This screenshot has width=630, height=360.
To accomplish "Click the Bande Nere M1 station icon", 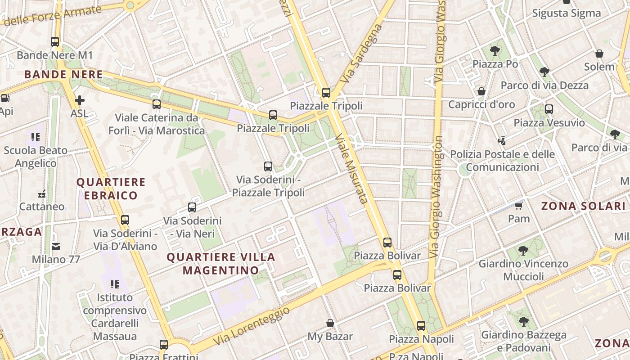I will point(55,42).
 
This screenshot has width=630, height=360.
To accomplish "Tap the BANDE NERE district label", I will point(63,74).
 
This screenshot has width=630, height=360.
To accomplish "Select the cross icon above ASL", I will point(80,100).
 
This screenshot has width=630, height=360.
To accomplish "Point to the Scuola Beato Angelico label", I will point(36,157).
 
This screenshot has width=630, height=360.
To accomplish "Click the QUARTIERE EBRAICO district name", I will point(111,189).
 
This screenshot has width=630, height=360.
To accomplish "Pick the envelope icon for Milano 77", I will point(56,246).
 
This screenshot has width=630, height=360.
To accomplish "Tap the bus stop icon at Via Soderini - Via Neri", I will point(192,207).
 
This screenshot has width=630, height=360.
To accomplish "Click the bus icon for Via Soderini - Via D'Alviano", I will point(125,220).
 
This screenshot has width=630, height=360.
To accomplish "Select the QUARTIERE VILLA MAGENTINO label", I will point(221,263).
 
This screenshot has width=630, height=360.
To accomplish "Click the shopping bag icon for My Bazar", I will point(330,323).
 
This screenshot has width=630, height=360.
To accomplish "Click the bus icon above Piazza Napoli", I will point(421,326).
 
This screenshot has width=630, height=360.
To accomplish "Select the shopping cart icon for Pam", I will point(519,206).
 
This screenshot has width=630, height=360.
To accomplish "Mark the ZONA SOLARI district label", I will point(583,206).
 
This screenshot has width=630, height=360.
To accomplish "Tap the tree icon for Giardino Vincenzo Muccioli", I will point(523,250).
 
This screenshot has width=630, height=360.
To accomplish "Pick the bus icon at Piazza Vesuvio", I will point(549,109).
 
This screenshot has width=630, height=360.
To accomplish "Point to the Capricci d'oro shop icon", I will point(481,91).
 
